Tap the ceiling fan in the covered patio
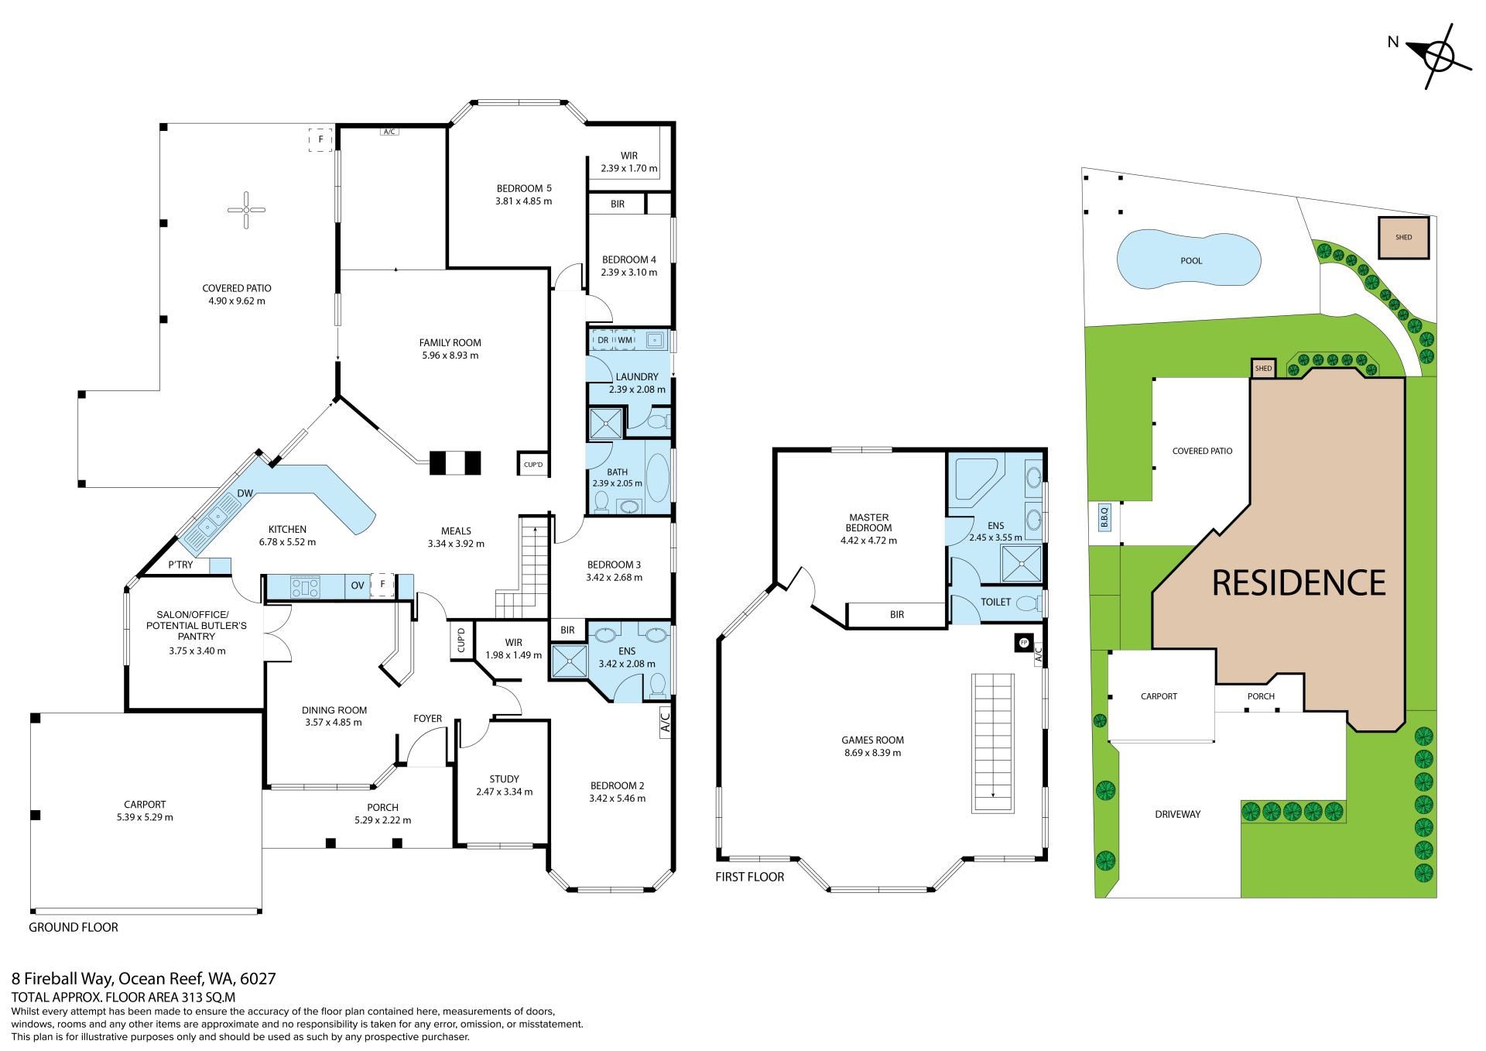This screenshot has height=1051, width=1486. click(246, 209)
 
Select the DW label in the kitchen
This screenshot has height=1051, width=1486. click(245, 493)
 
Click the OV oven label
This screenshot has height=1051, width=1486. click(358, 586)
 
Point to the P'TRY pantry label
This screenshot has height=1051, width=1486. click(181, 565)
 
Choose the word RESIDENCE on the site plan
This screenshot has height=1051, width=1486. click(1299, 582)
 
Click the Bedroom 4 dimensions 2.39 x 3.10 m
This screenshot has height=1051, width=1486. click(629, 273)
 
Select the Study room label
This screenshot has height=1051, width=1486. click(504, 779)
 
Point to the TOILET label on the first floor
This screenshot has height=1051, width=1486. click(995, 602)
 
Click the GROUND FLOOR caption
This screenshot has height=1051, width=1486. click(74, 927)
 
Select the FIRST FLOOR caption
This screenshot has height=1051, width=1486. click(750, 877)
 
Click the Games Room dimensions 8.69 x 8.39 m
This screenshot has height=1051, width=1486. click(872, 753)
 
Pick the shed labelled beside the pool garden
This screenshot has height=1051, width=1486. click(1403, 237)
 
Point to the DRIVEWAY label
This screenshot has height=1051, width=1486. click(1177, 814)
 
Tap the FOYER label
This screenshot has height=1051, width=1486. click(427, 719)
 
